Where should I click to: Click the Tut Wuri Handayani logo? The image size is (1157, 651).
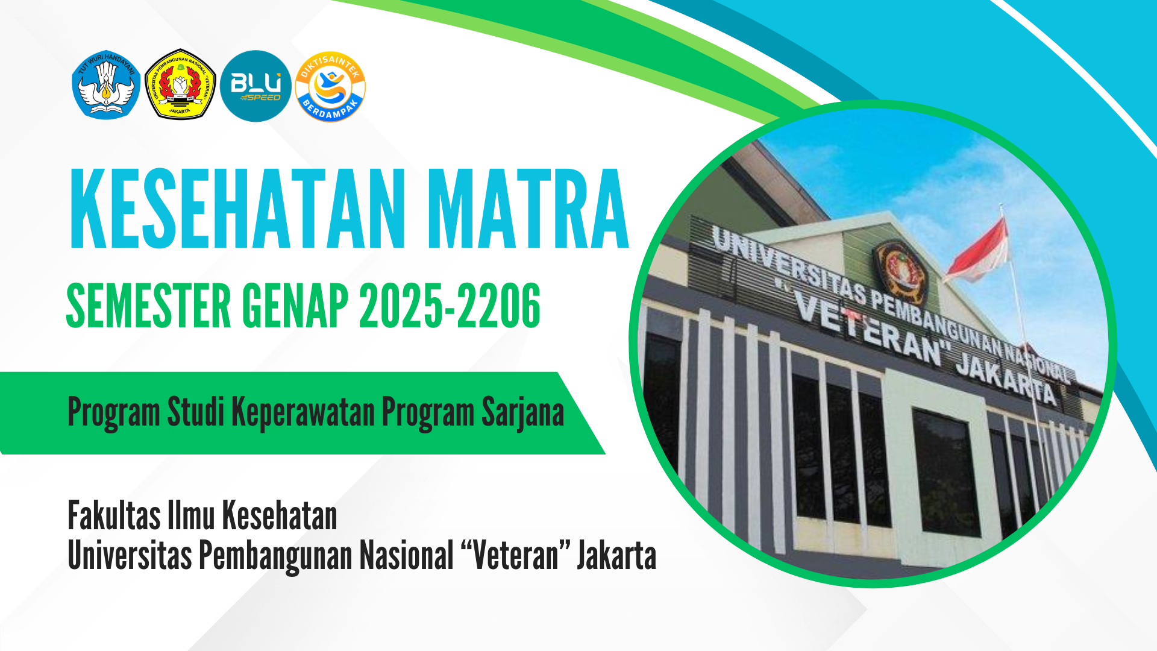(x=106, y=85)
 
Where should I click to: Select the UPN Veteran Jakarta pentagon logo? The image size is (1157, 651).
(x=180, y=85)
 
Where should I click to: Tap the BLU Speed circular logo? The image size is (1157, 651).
(x=256, y=86)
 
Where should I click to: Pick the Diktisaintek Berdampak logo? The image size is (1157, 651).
(x=330, y=86)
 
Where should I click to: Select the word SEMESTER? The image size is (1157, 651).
(x=148, y=306)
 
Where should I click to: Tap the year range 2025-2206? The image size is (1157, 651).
(x=450, y=306)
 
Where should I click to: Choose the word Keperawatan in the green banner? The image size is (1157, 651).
(x=303, y=413)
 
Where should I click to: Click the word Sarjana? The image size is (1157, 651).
(x=522, y=414)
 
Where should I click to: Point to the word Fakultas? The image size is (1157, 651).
(x=114, y=517)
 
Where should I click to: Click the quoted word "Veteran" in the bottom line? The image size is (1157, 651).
(x=515, y=555)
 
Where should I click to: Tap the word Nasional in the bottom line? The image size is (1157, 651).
(x=406, y=555)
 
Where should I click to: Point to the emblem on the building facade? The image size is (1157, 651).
(x=901, y=271)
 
